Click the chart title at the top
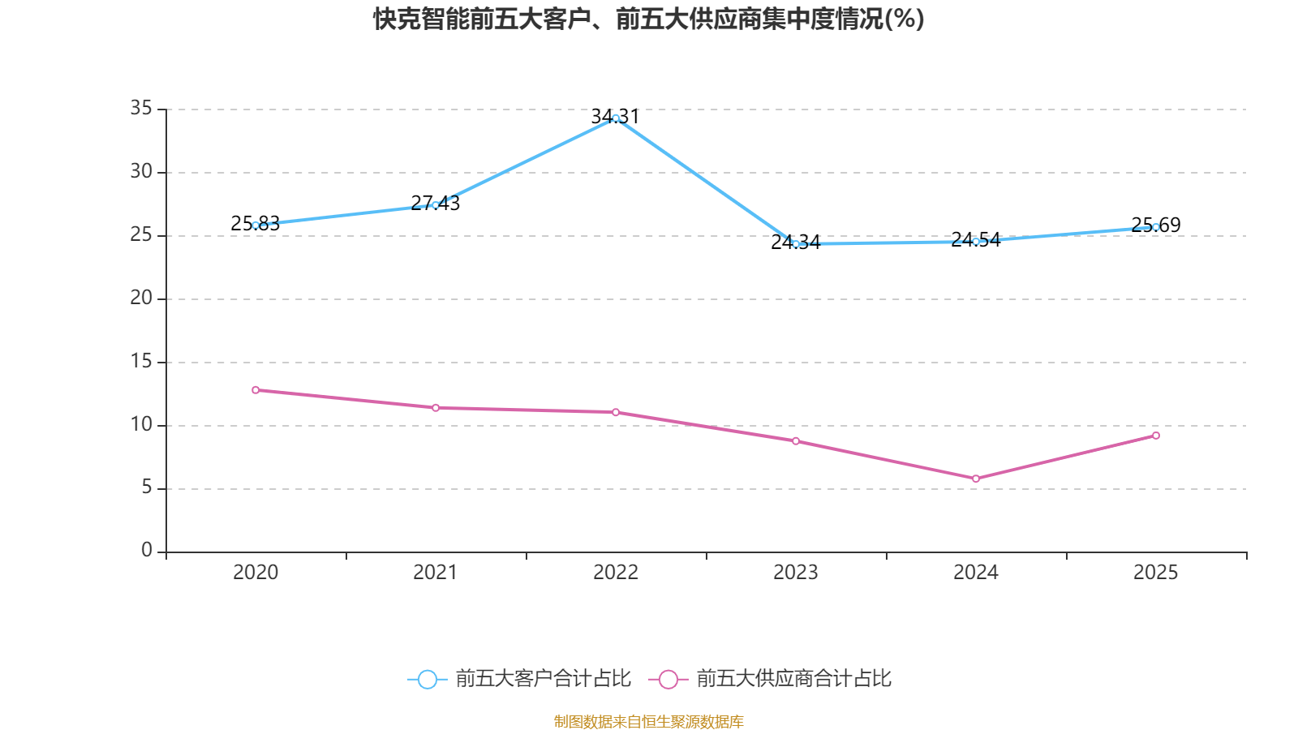tap(648, 19)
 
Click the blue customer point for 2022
tap(616, 118)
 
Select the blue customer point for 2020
tap(256, 225)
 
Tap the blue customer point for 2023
tap(796, 244)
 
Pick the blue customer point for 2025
tap(1156, 227)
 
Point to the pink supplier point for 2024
tap(976, 479)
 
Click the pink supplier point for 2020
tap(256, 390)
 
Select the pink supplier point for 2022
tap(616, 413)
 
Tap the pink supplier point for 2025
tap(1156, 436)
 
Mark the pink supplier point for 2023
tap(796, 441)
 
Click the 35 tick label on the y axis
tap(141, 108)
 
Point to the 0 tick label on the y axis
tap(147, 551)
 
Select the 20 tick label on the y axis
tap(141, 298)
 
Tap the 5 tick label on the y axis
tap(147, 487)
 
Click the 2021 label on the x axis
tap(436, 573)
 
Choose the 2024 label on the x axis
tap(976, 573)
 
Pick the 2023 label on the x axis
tap(796, 573)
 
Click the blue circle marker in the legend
tap(427, 680)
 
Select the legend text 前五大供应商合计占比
tap(793, 679)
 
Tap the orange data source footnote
tap(648, 721)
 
